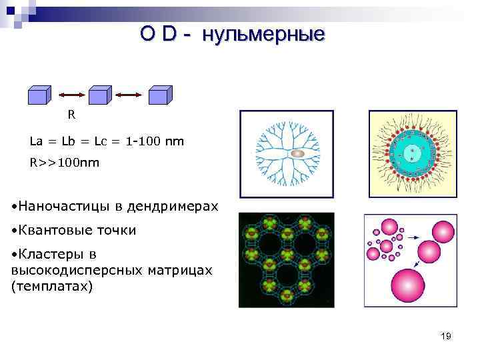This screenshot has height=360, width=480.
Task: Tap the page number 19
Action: (x=446, y=336)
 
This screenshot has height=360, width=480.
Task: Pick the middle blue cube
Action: (x=99, y=95)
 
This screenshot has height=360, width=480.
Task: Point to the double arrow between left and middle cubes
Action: (x=69, y=96)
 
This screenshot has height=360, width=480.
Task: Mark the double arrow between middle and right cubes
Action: (x=129, y=96)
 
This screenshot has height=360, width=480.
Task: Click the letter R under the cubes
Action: (x=71, y=115)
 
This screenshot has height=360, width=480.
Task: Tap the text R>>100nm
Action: (x=64, y=162)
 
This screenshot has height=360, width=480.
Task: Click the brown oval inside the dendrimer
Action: (x=298, y=153)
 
